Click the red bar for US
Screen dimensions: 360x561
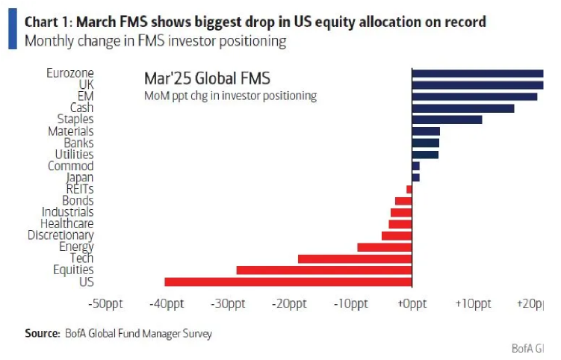point(288,282)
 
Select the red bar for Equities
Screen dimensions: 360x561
point(323,270)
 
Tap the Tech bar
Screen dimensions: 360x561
point(354,258)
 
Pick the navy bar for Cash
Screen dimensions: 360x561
point(462,108)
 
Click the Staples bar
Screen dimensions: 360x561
point(446,120)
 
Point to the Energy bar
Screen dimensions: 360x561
point(384,246)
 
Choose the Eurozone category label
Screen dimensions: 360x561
point(69,73)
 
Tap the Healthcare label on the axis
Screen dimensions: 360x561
point(66,223)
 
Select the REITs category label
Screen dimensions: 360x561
point(79,189)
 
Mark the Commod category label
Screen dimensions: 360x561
point(70,166)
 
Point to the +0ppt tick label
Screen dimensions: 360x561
point(412,304)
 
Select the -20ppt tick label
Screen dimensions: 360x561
point(289,304)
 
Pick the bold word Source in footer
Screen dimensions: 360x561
point(42,334)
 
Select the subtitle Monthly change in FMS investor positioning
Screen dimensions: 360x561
point(155,40)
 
